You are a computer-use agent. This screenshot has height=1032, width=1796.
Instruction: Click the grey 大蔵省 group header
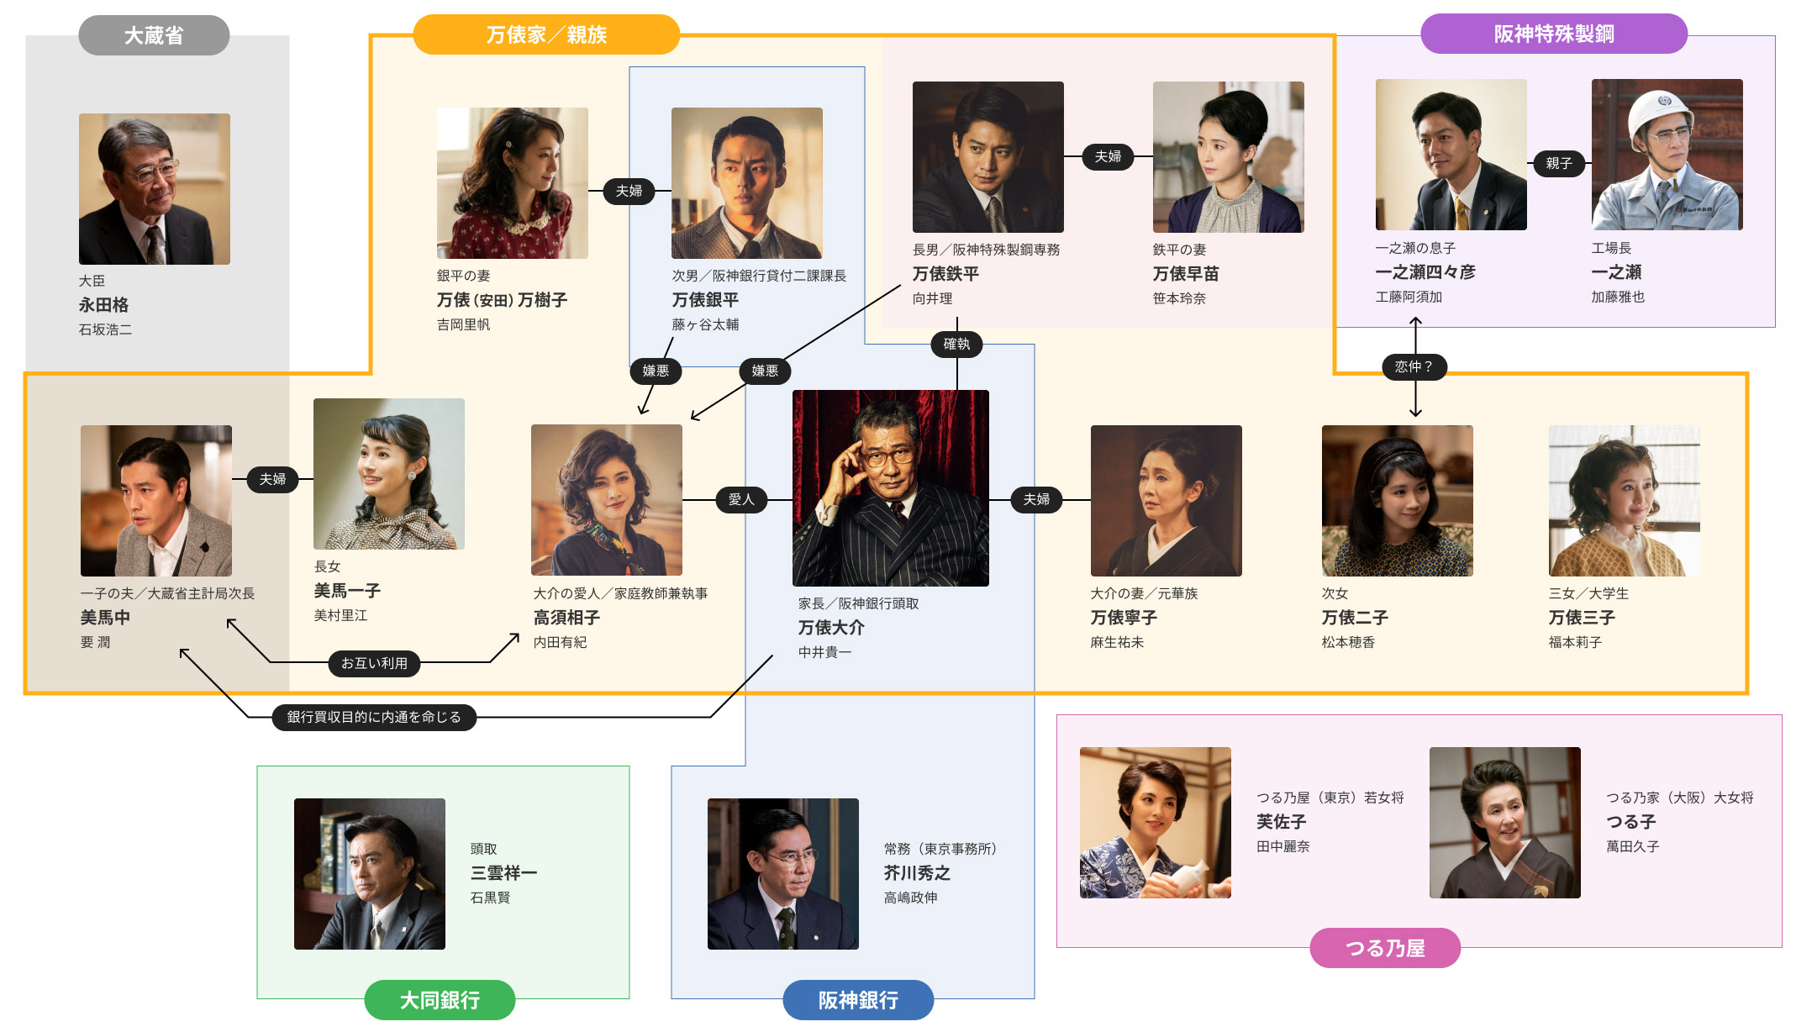tap(154, 35)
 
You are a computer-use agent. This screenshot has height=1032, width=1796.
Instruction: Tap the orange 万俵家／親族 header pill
tap(546, 34)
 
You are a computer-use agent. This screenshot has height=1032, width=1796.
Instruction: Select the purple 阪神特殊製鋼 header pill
tap(1553, 34)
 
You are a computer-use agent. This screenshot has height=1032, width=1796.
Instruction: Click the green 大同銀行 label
tap(440, 1000)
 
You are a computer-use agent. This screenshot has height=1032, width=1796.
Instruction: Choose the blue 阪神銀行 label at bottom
tap(858, 1000)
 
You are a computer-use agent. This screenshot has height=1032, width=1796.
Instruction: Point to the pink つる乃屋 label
tap(1385, 948)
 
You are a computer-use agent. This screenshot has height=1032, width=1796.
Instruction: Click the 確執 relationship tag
tap(956, 344)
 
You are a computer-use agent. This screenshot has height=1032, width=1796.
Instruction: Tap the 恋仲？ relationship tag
tap(1414, 366)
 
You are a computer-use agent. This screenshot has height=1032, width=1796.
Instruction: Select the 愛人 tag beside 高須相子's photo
tap(740, 499)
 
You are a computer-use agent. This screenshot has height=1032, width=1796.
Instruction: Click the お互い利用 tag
tap(374, 663)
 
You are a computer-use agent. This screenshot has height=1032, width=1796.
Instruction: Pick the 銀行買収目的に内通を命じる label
tap(374, 717)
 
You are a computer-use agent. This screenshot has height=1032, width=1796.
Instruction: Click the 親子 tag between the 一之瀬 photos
tap(1558, 163)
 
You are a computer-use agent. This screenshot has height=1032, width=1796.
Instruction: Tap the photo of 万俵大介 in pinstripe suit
tap(890, 487)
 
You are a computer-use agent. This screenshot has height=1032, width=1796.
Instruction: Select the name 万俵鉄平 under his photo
tap(945, 274)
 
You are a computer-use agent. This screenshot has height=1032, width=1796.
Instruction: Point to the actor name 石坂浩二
tap(105, 329)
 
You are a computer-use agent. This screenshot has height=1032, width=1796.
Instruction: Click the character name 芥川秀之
tap(917, 873)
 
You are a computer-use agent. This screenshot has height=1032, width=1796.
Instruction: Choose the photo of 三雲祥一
tap(370, 874)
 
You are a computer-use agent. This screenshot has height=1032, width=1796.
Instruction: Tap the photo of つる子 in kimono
tap(1504, 823)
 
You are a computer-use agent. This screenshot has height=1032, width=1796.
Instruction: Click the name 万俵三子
tap(1582, 618)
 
